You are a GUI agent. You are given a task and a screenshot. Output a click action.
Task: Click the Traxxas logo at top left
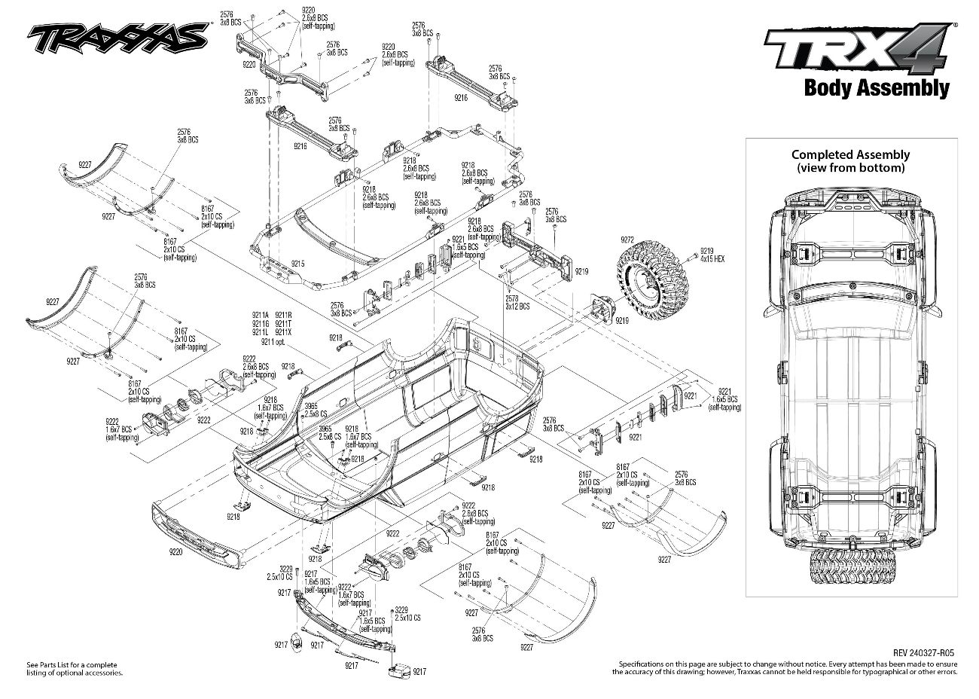tap(117, 35)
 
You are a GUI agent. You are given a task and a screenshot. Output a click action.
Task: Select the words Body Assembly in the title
tap(876, 87)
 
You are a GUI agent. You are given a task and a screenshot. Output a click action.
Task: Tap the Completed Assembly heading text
tap(850, 154)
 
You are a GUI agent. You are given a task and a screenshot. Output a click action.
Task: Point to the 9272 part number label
tap(627, 239)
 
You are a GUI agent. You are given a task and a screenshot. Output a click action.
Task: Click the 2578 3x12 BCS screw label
tap(517, 304)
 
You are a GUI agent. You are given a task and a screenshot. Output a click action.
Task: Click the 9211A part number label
tap(261, 314)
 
